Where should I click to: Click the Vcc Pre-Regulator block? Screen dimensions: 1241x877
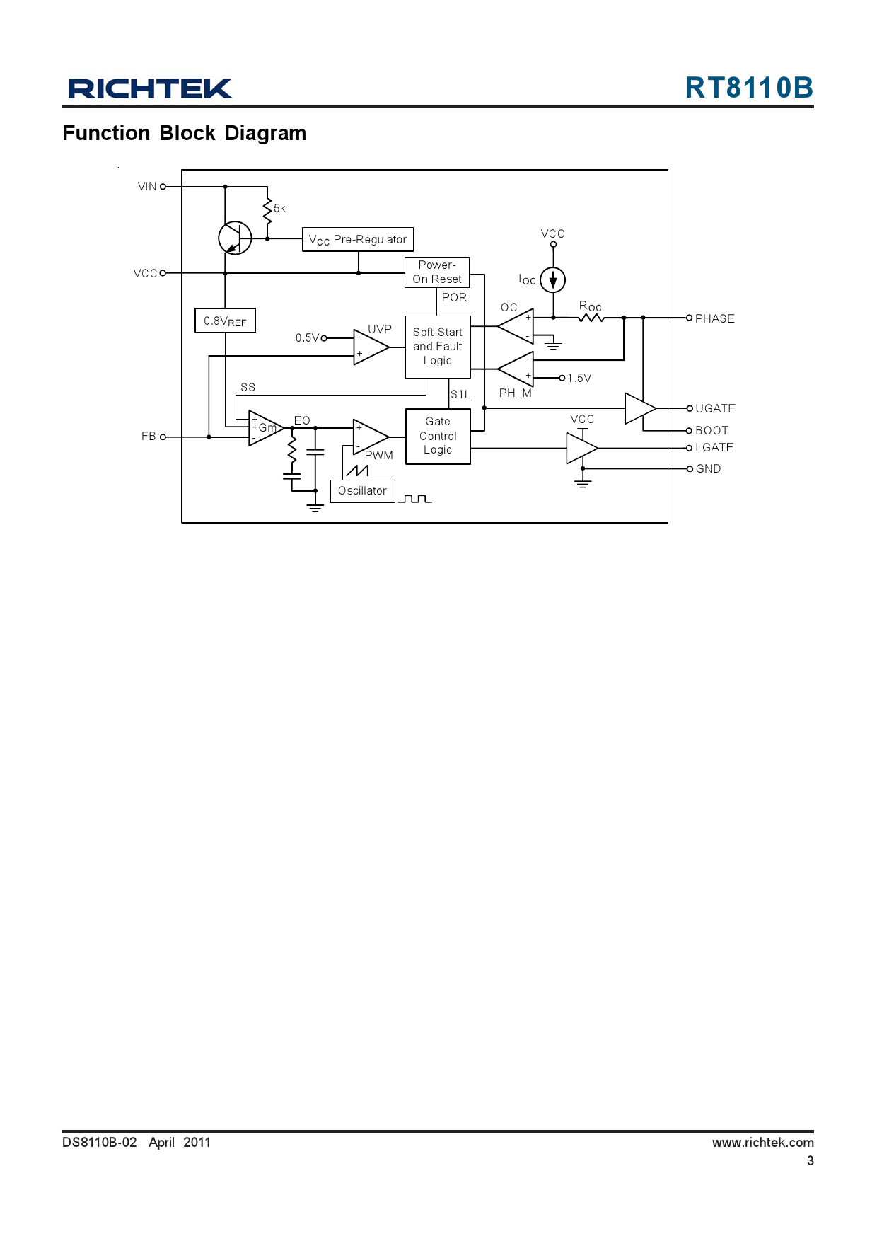pos(358,239)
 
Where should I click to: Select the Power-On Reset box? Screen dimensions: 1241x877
pos(437,272)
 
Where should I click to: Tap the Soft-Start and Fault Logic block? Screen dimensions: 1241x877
pos(438,347)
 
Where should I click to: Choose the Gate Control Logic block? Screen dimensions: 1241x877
pos(438,436)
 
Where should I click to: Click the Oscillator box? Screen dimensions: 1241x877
pos(362,491)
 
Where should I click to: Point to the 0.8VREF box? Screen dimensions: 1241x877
pos(225,321)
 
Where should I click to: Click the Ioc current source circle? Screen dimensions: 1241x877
pos(553,280)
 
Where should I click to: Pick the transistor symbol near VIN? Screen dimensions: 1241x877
pos(235,238)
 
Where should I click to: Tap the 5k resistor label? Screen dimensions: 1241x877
pos(279,209)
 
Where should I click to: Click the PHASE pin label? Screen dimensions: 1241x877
pos(714,318)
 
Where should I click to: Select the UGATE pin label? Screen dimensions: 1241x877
pos(715,408)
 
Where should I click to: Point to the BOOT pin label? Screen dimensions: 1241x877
pos(712,430)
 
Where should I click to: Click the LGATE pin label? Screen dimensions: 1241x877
pos(714,447)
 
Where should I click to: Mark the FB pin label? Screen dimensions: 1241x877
pos(149,437)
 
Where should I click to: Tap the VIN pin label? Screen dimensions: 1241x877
pos(147,187)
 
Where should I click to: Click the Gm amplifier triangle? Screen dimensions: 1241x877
pos(265,428)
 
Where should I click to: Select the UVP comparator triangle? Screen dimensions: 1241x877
pos(369,347)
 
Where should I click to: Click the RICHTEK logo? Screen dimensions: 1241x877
pos(150,88)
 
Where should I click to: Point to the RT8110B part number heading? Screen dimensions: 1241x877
pos(749,88)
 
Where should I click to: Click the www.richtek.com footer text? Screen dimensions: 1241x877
pos(762,1142)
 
